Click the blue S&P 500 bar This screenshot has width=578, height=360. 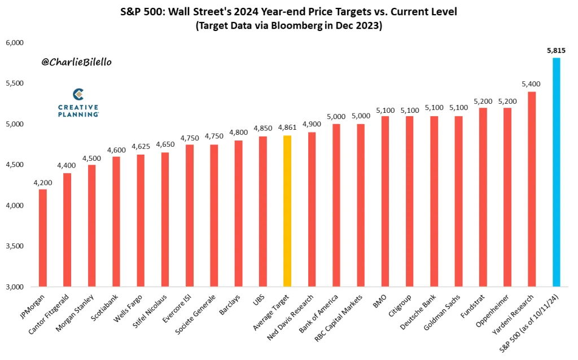pyautogui.click(x=556, y=172)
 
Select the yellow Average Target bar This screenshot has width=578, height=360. pyautogui.click(x=287, y=211)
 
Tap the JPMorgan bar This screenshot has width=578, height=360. pyautogui.click(x=43, y=238)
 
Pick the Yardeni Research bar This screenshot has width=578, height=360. pyautogui.click(x=532, y=189)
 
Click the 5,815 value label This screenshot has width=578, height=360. pyautogui.click(x=556, y=51)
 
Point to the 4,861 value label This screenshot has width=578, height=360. pyautogui.click(x=287, y=128)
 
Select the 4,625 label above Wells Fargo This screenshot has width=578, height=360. pyautogui.click(x=141, y=146)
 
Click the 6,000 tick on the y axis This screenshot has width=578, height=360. pyautogui.click(x=15, y=43)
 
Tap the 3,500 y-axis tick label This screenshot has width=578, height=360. pyautogui.click(x=15, y=246)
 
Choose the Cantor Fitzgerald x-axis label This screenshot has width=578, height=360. pyautogui.click(x=49, y=314)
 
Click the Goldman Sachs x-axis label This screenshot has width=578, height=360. pyautogui.click(x=442, y=313)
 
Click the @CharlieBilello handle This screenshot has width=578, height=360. pyautogui.click(x=76, y=62)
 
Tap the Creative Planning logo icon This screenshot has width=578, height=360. pyautogui.click(x=78, y=94)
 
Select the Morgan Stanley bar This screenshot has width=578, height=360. pyautogui.click(x=91, y=226)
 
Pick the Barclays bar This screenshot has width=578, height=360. pyautogui.click(x=238, y=214)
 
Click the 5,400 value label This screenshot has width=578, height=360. pyautogui.click(x=531, y=84)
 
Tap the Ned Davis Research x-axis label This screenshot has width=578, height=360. pyautogui.click(x=290, y=317)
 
